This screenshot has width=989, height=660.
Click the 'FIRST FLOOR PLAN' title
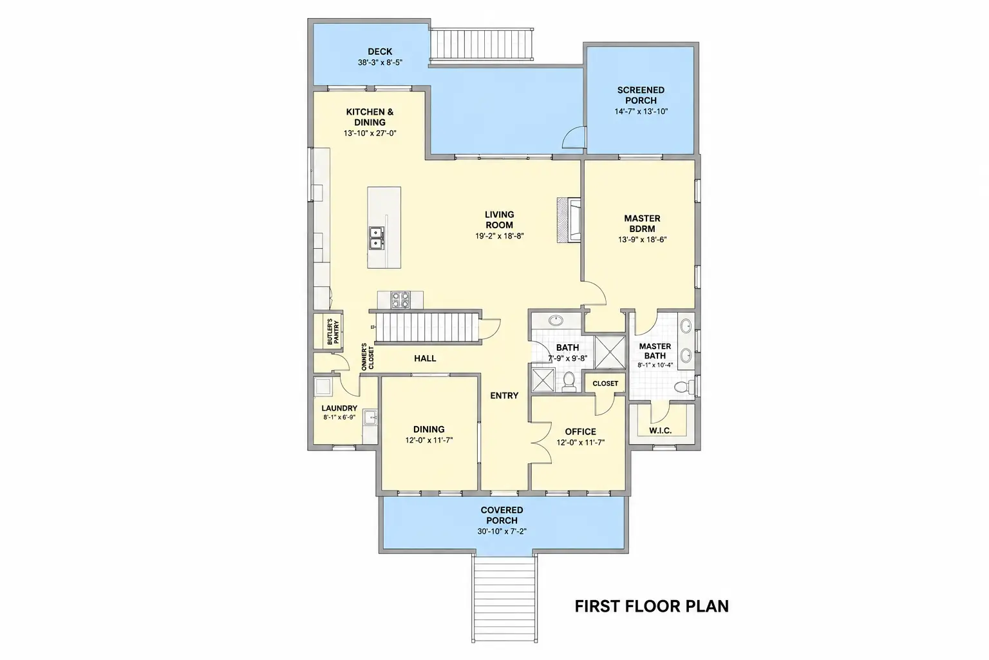[651, 606]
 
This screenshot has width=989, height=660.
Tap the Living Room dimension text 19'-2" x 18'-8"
[500, 236]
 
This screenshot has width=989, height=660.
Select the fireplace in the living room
[569, 220]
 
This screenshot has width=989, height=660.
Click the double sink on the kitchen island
[377, 238]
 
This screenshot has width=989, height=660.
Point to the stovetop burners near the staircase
[400, 299]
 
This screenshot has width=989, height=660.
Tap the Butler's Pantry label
[333, 331]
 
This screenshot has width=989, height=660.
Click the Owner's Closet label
[368, 356]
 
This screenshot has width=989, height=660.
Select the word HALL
[425, 358]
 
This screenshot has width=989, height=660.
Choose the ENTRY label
[504, 396]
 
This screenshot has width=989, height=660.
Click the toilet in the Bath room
[569, 382]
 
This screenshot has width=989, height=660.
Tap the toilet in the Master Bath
[684, 386]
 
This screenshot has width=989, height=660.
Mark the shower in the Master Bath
[610, 353]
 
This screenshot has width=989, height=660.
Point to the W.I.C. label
[661, 431]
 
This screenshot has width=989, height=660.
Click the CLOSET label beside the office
[605, 383]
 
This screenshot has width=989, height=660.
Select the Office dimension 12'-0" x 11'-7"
[581, 443]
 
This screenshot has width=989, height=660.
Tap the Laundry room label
[339, 409]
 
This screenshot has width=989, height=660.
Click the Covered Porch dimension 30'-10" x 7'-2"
[502, 531]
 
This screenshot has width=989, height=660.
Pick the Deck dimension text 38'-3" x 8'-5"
[380, 63]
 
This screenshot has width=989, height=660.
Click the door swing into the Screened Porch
[574, 137]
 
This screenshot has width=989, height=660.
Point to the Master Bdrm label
[642, 224]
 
